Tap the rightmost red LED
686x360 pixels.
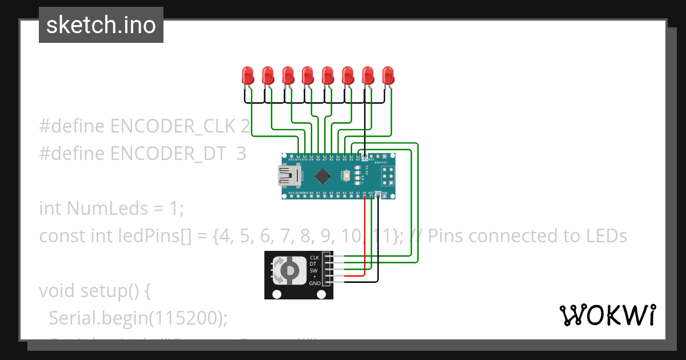[388, 75]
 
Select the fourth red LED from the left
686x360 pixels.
[308, 75]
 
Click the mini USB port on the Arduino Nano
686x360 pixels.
[289, 175]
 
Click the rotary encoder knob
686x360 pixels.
[289, 270]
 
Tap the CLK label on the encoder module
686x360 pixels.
[314, 258]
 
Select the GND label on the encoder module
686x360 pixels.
[314, 283]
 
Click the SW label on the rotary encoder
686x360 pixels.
[313, 270]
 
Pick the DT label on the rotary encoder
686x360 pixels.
[313, 264]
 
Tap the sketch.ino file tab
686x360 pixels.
[101, 25]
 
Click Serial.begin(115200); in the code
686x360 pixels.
[138, 318]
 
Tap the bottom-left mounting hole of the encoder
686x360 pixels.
[277, 294]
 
